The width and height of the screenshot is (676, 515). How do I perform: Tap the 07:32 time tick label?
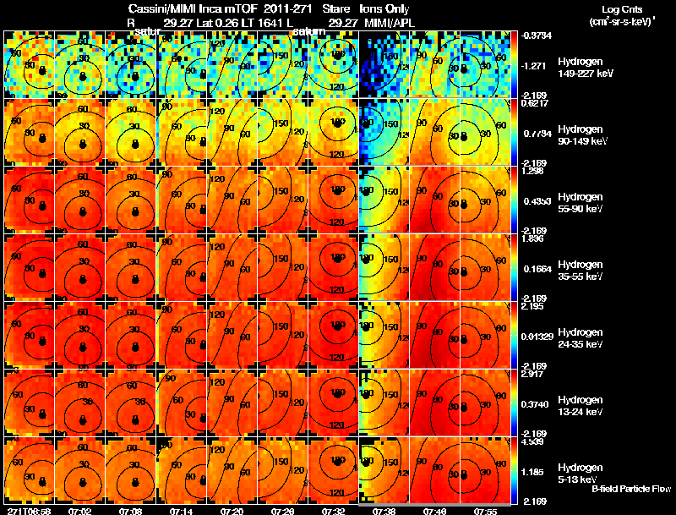(x=332, y=511)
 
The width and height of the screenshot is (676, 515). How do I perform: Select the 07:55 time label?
(x=485, y=511)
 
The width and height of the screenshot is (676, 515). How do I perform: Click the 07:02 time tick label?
(x=79, y=511)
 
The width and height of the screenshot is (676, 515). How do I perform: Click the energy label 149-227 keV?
(x=584, y=74)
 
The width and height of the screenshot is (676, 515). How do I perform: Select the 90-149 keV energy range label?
(x=582, y=141)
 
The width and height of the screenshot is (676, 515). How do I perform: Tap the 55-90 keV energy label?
(x=581, y=209)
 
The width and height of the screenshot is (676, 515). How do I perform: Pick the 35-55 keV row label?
(x=581, y=277)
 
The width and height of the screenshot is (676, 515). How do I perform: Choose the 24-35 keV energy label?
(x=581, y=344)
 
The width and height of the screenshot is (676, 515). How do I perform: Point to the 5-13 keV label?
(x=579, y=479)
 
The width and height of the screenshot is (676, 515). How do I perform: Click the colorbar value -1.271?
(x=535, y=64)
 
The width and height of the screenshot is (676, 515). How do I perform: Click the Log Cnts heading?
(x=610, y=8)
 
